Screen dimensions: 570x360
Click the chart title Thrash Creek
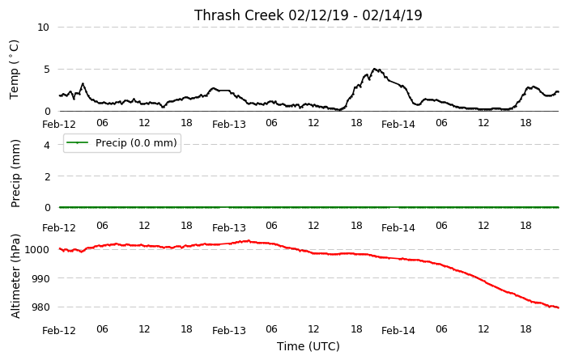point(239,15)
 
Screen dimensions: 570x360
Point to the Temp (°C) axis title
point(14,70)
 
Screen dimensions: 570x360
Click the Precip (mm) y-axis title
point(15,174)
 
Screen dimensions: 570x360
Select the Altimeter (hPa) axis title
point(15,277)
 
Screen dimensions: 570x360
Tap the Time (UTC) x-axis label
point(308,346)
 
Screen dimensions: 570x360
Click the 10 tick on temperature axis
point(43,28)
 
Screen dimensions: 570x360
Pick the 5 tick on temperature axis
point(46,70)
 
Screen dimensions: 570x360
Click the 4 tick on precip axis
point(46,145)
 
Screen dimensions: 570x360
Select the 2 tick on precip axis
point(47,176)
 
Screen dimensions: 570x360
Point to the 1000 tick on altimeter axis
point(36,249)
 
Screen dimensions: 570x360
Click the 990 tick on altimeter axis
point(40,278)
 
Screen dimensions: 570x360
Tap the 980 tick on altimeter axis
point(40,307)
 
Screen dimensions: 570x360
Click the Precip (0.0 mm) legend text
point(136,142)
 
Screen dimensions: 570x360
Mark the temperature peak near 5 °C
point(375,69)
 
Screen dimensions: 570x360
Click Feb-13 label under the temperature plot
point(229,125)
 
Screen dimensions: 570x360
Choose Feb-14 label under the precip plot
point(398,228)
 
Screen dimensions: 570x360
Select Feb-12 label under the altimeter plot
point(59,331)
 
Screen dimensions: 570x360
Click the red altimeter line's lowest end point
point(559,307)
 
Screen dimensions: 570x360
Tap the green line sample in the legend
point(77,142)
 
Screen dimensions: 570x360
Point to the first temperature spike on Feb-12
point(83,84)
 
